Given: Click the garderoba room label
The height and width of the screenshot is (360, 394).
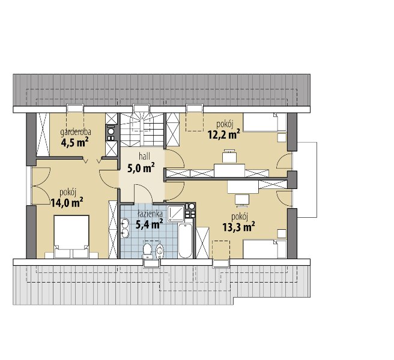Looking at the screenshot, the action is click(x=76, y=132).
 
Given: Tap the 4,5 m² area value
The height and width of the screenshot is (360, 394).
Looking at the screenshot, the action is click(x=74, y=143).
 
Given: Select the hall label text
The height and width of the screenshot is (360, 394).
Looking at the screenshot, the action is click(x=145, y=157).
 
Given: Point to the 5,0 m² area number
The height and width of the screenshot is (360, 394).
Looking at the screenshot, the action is click(x=141, y=167).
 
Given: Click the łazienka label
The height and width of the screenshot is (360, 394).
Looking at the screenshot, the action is click(x=150, y=214).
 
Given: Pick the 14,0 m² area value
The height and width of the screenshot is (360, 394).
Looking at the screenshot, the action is click(x=67, y=202).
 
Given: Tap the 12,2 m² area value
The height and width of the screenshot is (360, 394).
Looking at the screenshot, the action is click(x=223, y=135).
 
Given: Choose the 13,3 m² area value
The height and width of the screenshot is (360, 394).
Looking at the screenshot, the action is click(x=238, y=227).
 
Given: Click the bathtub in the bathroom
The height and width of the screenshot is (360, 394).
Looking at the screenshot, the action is click(x=185, y=241).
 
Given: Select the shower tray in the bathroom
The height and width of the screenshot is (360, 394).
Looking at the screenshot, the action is click(x=176, y=214).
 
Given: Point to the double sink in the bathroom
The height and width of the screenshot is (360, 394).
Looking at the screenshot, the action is click(x=125, y=228).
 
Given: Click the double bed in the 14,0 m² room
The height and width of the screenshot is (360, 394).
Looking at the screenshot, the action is click(x=71, y=236).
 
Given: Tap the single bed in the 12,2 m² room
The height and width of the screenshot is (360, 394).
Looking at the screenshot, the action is click(x=265, y=122).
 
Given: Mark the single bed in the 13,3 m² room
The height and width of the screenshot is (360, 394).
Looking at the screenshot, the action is click(x=265, y=249).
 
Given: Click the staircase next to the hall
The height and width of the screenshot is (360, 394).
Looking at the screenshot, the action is click(x=142, y=130).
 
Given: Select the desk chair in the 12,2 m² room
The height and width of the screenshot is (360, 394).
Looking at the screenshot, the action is click(x=229, y=156).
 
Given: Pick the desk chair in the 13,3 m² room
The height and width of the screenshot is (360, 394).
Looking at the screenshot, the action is click(x=242, y=200).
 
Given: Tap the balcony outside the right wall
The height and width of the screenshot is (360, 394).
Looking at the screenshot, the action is click(x=306, y=180).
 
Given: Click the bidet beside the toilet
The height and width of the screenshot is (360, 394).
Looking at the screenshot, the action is click(x=160, y=251).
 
